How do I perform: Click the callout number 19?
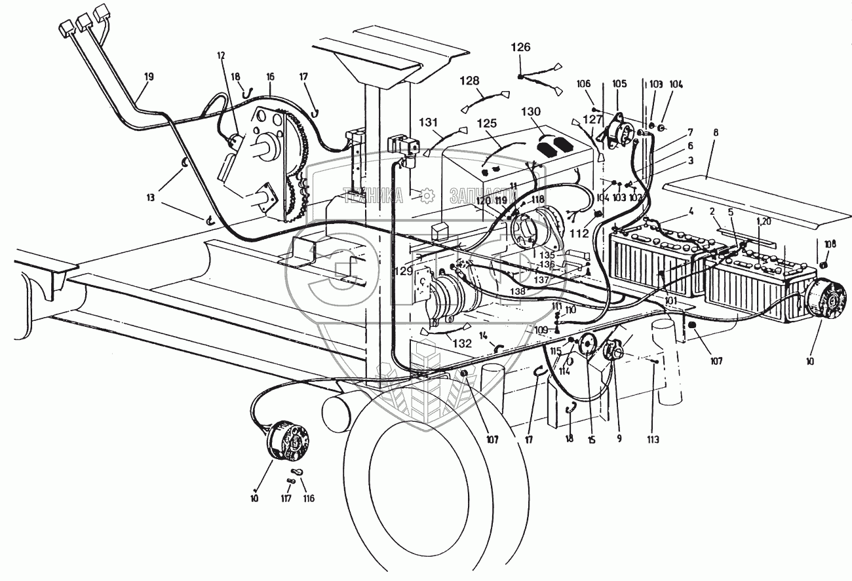[149, 77]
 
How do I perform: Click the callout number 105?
[619, 84]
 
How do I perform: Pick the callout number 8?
[716, 132]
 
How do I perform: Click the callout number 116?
[308, 498]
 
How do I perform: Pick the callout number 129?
[404, 270]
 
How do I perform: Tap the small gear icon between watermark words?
[427, 195]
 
